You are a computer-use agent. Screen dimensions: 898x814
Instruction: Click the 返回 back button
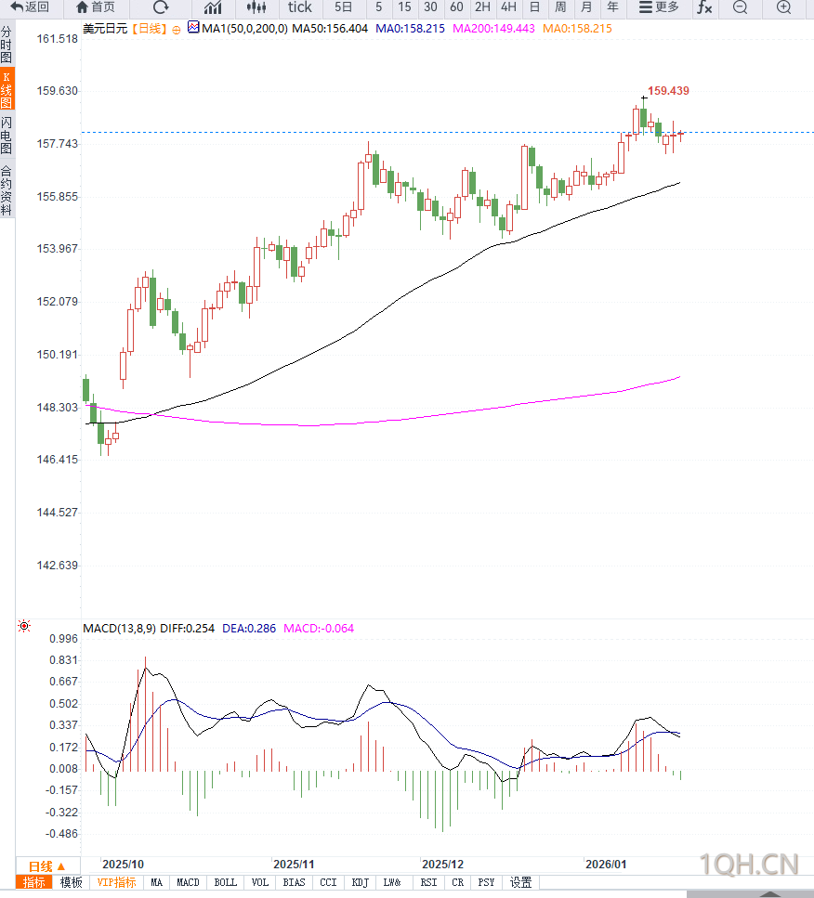tap(30, 7)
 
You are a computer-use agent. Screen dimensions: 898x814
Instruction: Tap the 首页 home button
tap(96, 7)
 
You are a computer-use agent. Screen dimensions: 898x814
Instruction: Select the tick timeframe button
tap(299, 7)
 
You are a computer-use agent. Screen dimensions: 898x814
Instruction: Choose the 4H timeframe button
tap(508, 7)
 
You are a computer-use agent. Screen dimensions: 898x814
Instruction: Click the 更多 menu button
tap(659, 7)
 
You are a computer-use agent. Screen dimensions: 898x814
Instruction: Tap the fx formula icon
tap(704, 7)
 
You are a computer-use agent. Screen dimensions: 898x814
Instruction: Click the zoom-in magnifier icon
tap(783, 7)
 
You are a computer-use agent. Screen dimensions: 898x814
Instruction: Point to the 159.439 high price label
tap(668, 91)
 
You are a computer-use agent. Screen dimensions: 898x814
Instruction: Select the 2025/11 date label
tap(295, 863)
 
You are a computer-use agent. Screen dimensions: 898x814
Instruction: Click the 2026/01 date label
tap(606, 863)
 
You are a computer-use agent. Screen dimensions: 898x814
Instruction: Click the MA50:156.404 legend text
tap(330, 29)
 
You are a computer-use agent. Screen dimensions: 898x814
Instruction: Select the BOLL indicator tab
tap(225, 882)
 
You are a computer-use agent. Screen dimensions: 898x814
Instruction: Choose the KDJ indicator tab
tap(360, 882)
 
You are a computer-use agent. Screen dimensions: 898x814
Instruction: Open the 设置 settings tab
tap(520, 882)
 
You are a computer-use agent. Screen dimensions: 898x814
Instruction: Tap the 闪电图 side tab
tap(7, 136)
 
